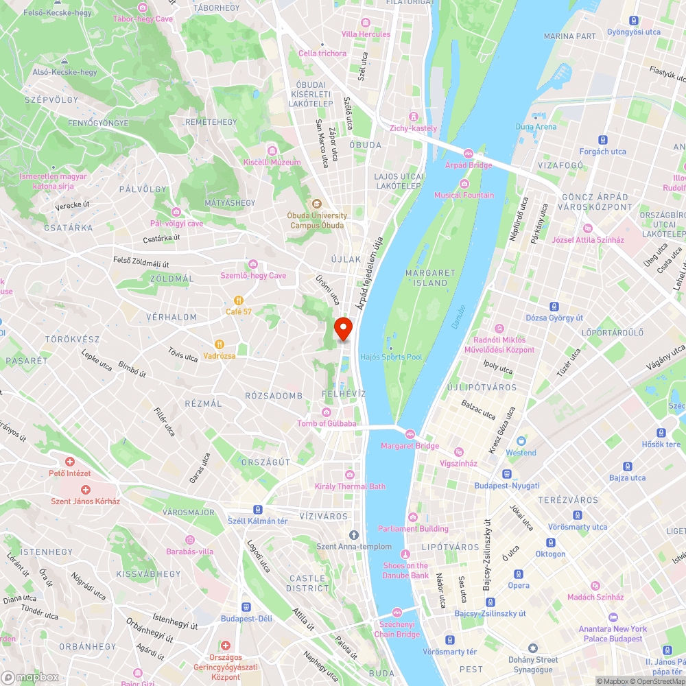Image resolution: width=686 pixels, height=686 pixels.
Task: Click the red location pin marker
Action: click(x=343, y=329)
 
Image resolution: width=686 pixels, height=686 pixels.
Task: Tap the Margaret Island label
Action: click(x=430, y=278)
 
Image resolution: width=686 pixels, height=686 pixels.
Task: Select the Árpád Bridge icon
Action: click(x=469, y=154)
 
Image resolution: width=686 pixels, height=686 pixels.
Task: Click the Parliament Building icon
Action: click(x=413, y=517)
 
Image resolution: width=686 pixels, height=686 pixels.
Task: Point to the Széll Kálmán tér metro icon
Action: click(x=257, y=510)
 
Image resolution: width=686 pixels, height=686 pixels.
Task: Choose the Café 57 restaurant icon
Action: click(x=239, y=300)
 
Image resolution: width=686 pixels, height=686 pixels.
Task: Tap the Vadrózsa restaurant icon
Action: click(x=219, y=344)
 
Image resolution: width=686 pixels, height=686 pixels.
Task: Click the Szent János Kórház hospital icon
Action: click(x=85, y=490)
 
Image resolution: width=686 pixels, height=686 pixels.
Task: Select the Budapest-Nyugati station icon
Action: click(x=506, y=474)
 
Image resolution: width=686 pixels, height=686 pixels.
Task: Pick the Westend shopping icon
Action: click(x=521, y=441)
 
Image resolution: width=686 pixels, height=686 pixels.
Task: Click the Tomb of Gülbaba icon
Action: click(x=326, y=412)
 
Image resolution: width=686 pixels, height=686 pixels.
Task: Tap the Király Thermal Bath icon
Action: click(x=350, y=475)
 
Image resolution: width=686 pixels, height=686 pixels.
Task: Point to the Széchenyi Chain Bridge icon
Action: click(x=397, y=613)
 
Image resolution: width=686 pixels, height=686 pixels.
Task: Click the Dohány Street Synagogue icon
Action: click(x=532, y=648)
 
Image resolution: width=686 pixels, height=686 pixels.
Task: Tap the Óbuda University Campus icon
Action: click(x=316, y=204)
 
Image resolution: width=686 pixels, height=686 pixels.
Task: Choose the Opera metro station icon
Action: click(x=519, y=574)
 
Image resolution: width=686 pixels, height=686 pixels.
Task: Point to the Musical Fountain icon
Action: click(x=464, y=184)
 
